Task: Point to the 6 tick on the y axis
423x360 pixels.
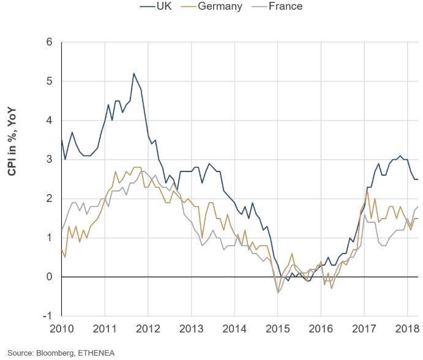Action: [50, 42]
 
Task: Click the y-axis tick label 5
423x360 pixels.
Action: [50, 81]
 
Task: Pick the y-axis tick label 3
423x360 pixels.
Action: [50, 160]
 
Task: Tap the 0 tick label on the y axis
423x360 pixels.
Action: [50, 277]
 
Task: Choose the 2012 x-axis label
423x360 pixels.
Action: [148, 329]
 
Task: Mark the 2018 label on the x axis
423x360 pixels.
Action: [406, 329]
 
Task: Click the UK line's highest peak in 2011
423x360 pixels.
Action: [133, 73]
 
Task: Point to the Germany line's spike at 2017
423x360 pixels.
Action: [367, 191]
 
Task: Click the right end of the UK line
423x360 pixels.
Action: [418, 179]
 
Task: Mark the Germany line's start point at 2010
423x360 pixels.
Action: [62, 250]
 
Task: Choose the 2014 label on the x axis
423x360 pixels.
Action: [234, 329]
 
